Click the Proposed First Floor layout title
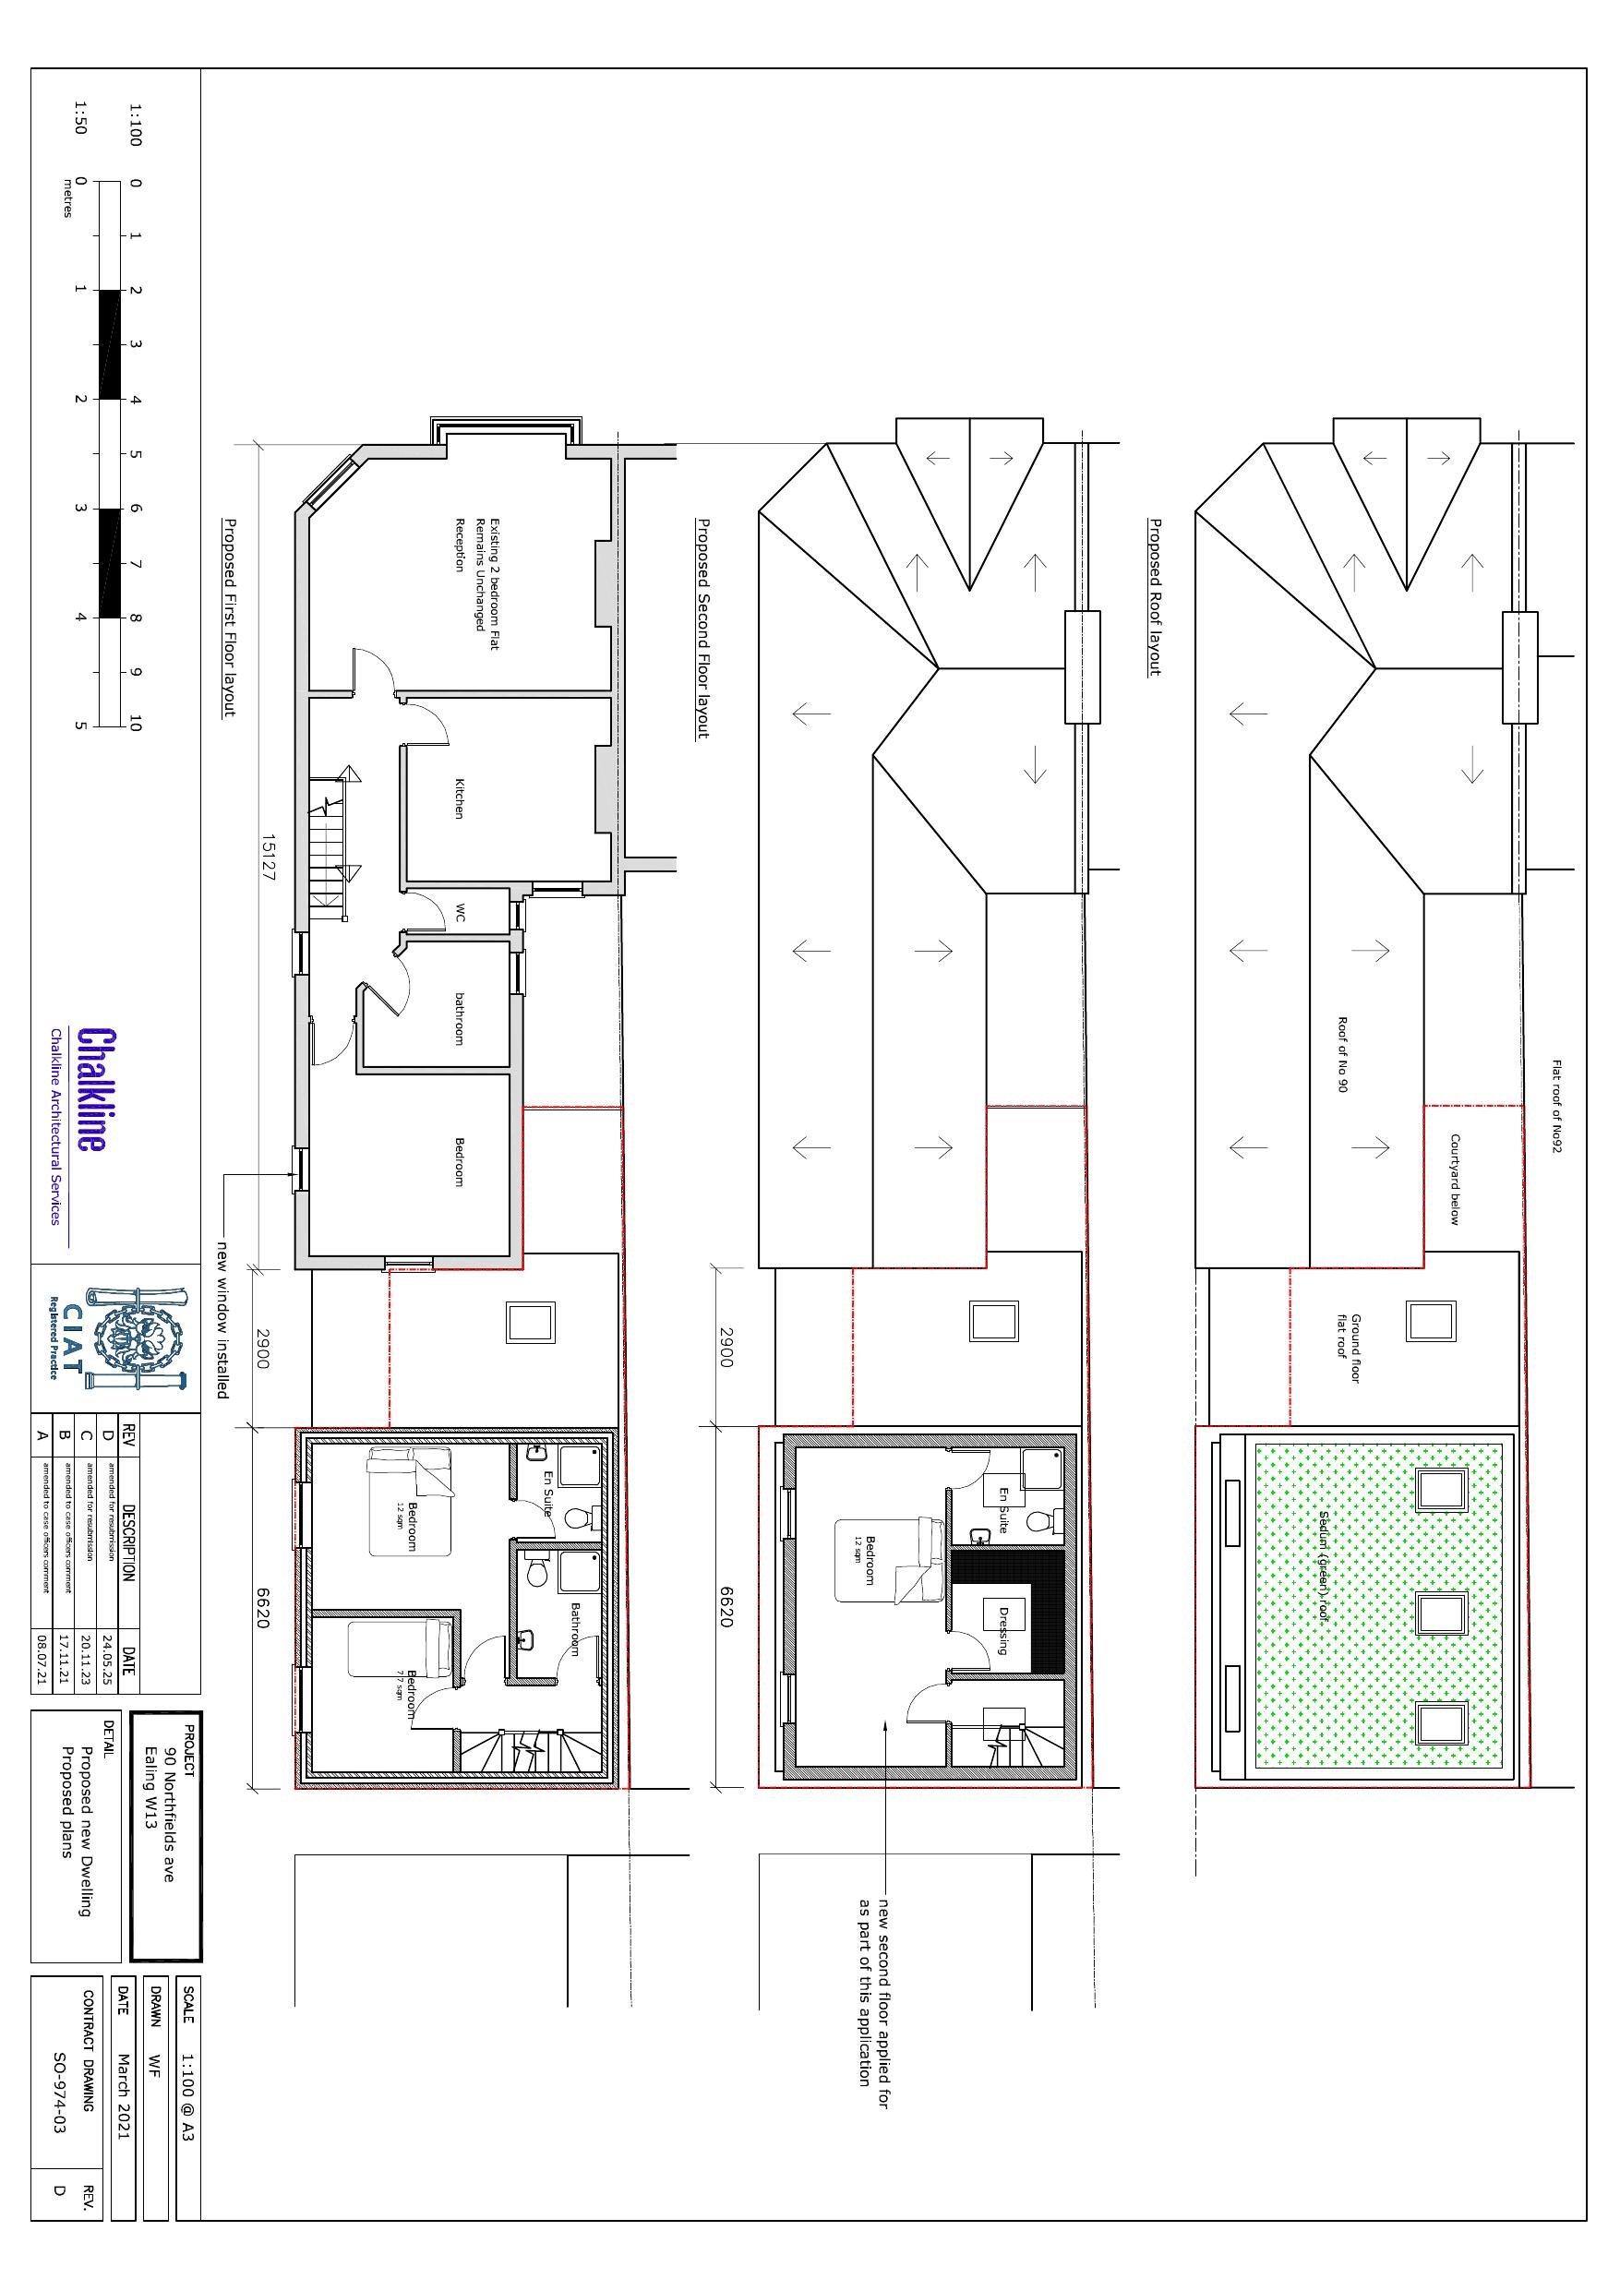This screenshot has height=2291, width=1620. click(229, 617)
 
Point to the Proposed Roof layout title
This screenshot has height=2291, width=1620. click(1155, 596)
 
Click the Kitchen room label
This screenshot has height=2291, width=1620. click(459, 798)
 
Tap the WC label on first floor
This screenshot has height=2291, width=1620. click(460, 912)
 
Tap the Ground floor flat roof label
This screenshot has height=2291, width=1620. click(1350, 1347)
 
